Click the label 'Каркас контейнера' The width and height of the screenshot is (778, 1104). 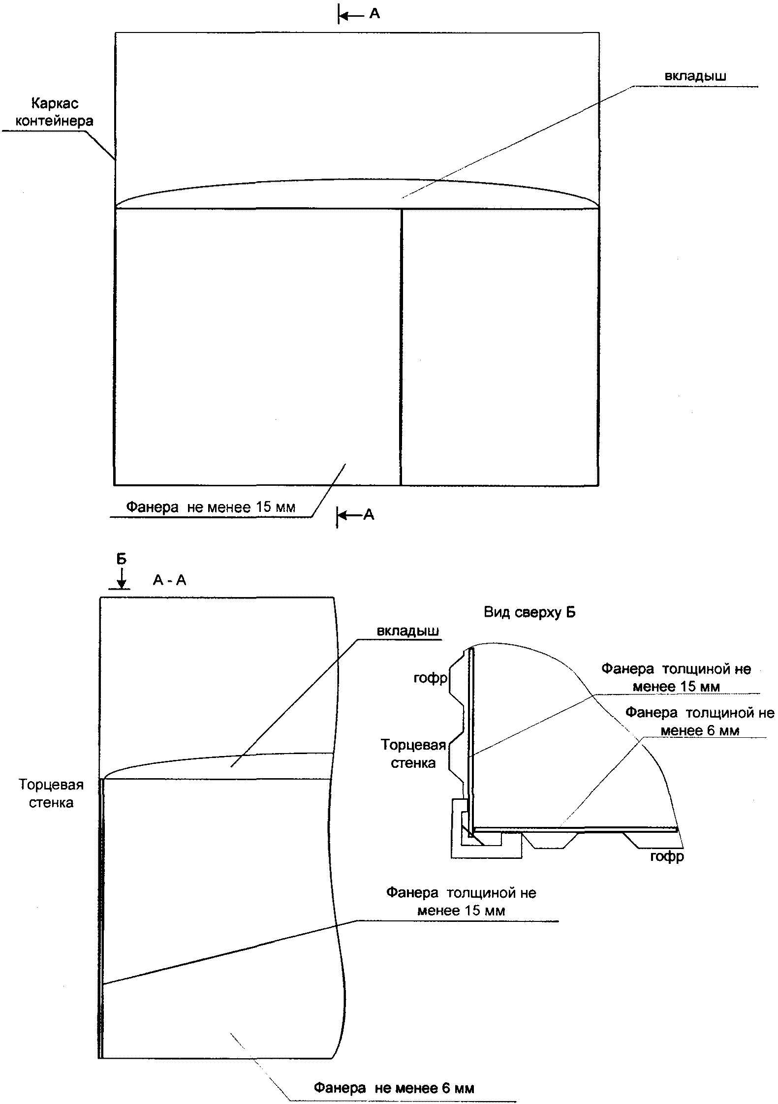(x=54, y=112)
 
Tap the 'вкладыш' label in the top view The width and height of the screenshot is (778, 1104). (x=695, y=76)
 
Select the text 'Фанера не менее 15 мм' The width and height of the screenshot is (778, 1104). (x=211, y=507)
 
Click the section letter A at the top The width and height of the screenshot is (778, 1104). (x=374, y=14)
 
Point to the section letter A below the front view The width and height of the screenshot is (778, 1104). (x=369, y=515)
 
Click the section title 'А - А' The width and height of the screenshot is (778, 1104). (x=169, y=580)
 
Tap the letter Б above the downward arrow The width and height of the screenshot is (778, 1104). (x=121, y=559)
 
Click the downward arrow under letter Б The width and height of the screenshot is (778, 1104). (x=122, y=577)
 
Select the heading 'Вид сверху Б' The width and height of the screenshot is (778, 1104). (x=529, y=612)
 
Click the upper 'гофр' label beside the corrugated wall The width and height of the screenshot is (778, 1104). (x=430, y=678)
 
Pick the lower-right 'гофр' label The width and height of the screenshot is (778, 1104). (x=667, y=857)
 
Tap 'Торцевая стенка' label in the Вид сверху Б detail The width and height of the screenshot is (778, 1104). (x=413, y=754)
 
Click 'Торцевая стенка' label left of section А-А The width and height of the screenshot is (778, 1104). (x=51, y=793)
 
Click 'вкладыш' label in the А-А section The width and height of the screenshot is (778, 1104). (x=408, y=631)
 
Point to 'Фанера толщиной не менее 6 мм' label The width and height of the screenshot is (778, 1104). (x=699, y=722)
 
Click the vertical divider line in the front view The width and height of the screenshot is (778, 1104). (x=401, y=345)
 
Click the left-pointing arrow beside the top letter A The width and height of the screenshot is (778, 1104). (x=351, y=16)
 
